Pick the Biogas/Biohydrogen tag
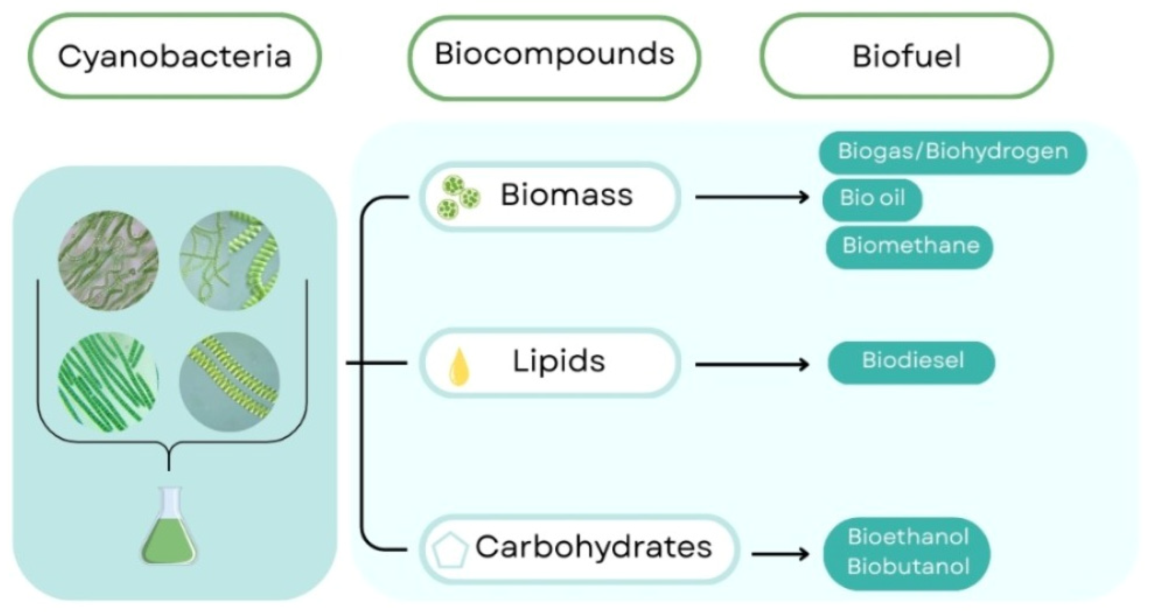953,152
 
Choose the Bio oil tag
872,199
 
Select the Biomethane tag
909,246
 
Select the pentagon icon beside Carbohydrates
449,550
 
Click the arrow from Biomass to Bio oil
752,197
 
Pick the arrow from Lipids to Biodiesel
752,364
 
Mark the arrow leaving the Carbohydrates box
780,555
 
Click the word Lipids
559,362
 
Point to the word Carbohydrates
594,548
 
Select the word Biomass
567,195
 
